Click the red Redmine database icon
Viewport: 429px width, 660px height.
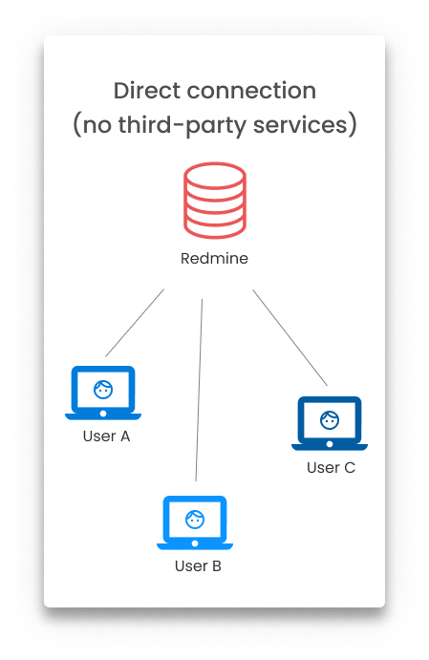215,201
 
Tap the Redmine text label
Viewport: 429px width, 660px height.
214,258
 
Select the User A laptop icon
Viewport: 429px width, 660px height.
103,393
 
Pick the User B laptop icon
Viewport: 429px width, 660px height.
195,522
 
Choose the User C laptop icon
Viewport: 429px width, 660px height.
330,423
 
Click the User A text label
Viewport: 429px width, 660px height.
106,436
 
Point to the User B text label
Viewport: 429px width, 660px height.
198,566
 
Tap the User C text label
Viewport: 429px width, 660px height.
331,468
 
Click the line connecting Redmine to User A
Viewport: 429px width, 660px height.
135,323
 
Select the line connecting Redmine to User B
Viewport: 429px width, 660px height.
199,390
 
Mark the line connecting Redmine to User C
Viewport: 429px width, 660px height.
290,337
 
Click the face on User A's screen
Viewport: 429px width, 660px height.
103,390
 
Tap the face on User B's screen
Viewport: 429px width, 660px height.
195,520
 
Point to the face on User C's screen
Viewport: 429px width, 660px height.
330,420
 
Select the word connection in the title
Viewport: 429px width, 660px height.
251,91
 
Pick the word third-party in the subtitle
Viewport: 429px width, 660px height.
182,125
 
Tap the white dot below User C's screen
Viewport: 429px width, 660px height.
330,444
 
